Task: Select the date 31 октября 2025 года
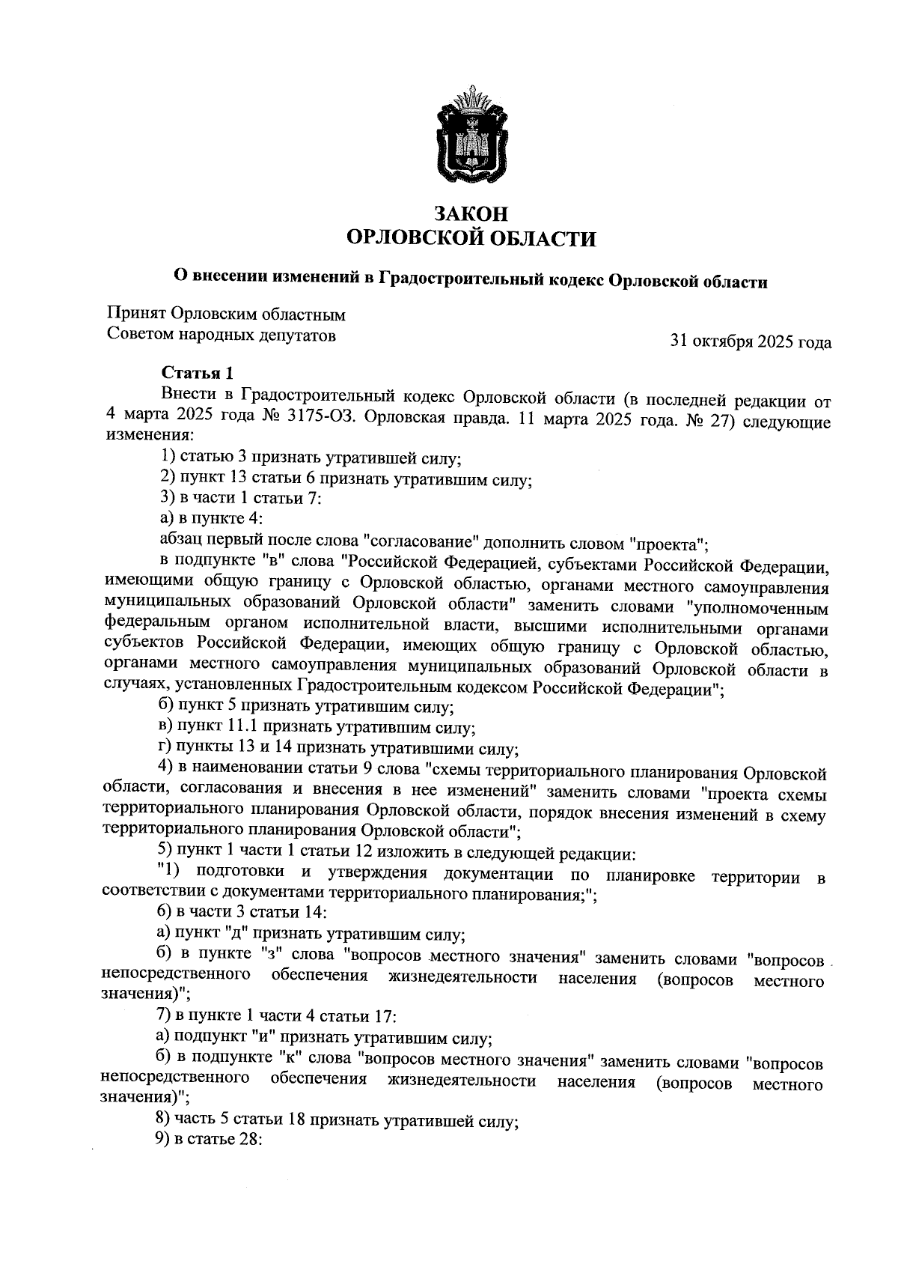coord(751,342)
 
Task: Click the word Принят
coord(136,315)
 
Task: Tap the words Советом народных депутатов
coord(222,335)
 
